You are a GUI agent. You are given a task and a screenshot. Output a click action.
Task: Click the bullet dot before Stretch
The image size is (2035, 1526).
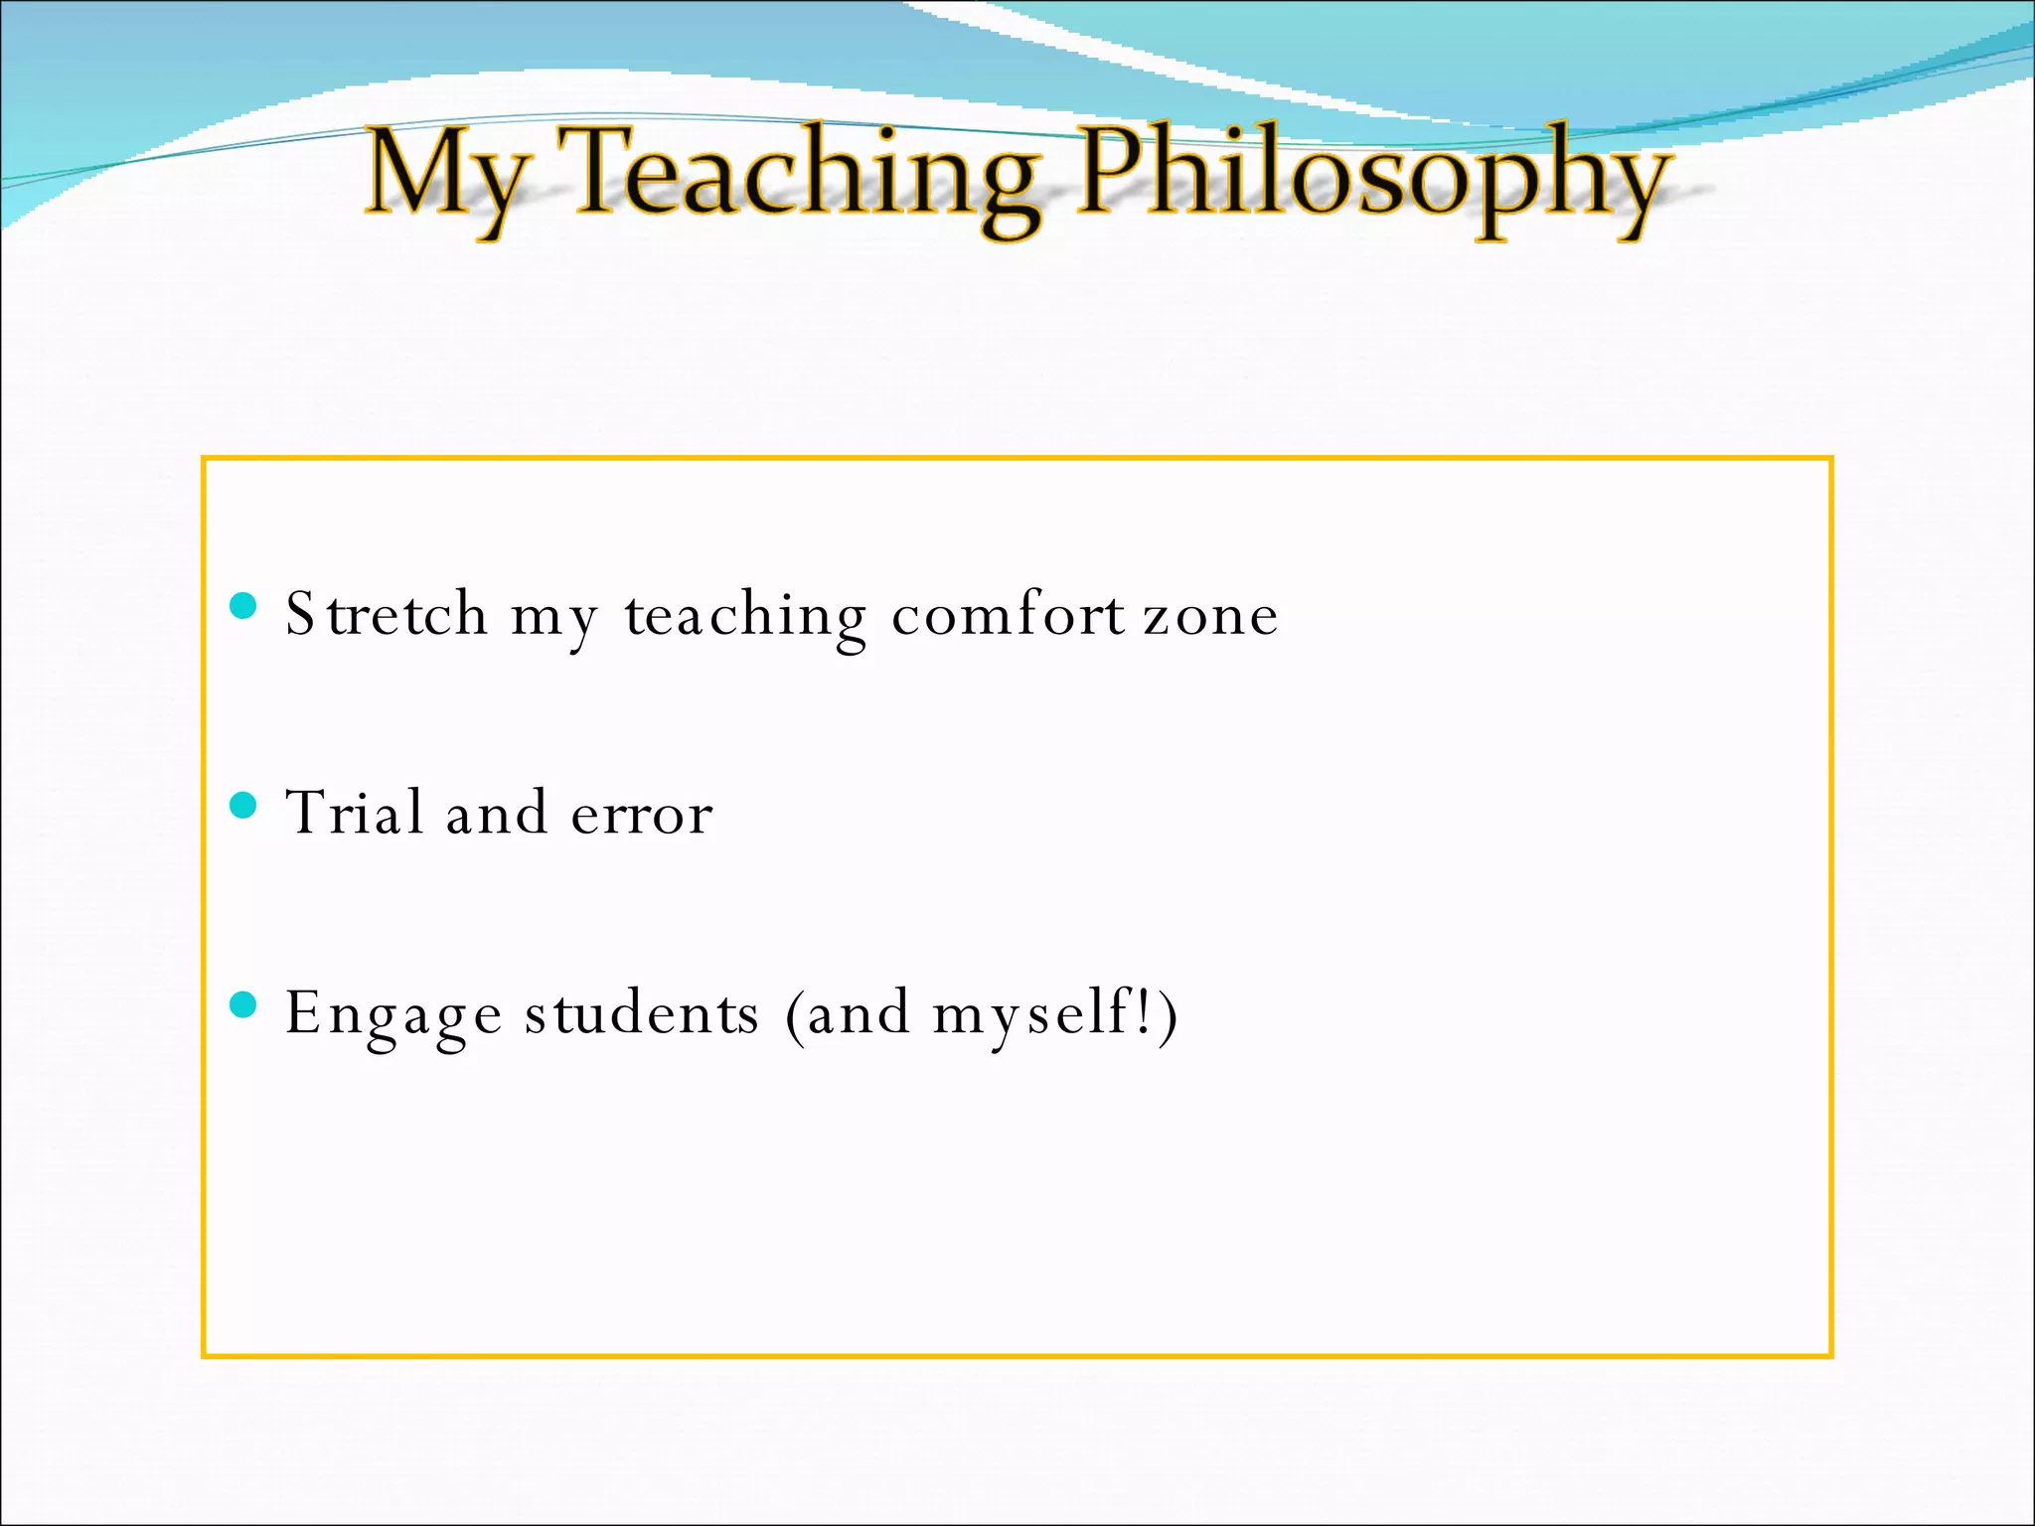(243, 605)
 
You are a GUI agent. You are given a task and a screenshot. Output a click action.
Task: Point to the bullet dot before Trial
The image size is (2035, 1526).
(243, 805)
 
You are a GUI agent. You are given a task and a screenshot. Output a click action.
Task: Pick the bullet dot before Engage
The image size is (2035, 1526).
(243, 1004)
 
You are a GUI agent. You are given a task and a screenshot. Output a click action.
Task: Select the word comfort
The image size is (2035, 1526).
(1008, 614)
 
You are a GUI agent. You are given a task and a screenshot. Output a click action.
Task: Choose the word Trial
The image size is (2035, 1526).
(356, 813)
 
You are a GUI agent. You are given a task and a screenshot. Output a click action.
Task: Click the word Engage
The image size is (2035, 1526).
(393, 1015)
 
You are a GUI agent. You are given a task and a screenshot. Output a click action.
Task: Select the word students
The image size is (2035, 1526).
(642, 1013)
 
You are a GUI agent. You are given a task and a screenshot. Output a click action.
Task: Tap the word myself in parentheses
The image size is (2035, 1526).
(1028, 1015)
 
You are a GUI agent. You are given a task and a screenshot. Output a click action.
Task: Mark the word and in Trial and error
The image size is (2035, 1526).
(496, 813)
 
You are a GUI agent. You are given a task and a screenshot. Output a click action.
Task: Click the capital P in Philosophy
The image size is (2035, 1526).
(1113, 171)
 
